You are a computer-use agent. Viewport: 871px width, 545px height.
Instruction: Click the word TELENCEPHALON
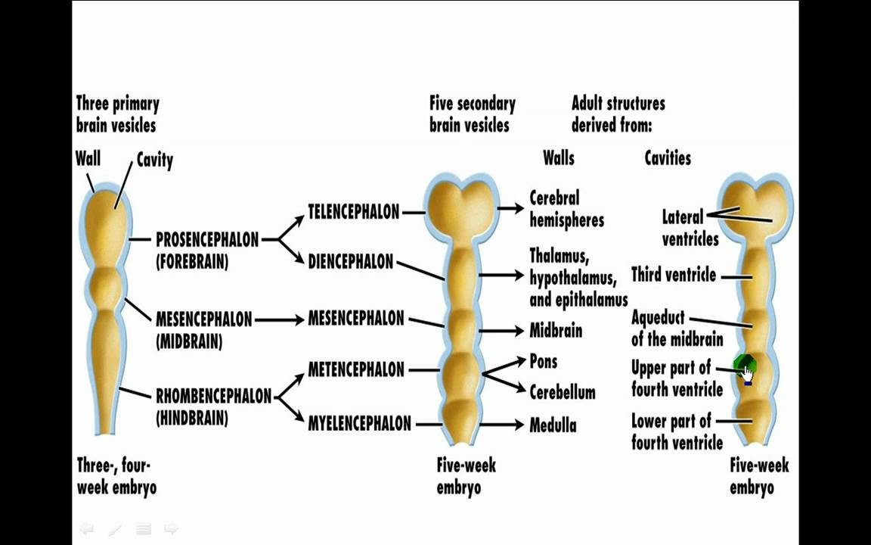click(x=353, y=212)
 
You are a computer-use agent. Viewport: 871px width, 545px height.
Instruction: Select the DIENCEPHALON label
click(x=350, y=262)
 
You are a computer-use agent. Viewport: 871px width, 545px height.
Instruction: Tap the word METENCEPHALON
click(x=356, y=370)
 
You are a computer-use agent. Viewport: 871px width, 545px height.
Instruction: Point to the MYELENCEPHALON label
click(x=359, y=424)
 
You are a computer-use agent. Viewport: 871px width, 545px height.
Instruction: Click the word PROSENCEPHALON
click(x=207, y=240)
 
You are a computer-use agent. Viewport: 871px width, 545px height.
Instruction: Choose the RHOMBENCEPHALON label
click(x=213, y=396)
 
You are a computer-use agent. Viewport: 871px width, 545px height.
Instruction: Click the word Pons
click(x=543, y=362)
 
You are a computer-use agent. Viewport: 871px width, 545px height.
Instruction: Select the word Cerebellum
click(x=562, y=393)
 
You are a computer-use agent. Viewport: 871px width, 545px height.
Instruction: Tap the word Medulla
click(x=553, y=425)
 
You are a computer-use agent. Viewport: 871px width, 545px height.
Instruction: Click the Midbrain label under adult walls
click(x=556, y=331)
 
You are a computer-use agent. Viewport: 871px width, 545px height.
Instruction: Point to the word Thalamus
click(x=559, y=255)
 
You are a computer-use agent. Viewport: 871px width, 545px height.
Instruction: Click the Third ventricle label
click(x=673, y=276)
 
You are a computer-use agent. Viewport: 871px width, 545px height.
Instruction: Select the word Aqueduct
click(x=658, y=318)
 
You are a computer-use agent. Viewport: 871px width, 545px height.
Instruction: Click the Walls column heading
click(x=558, y=158)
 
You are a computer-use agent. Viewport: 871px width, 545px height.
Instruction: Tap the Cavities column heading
click(x=668, y=158)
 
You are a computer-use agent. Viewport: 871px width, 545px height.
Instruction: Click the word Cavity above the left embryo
click(x=154, y=160)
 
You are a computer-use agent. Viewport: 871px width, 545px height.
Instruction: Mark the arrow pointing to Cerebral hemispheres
click(x=511, y=209)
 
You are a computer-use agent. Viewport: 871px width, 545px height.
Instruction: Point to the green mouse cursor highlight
click(x=745, y=369)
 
